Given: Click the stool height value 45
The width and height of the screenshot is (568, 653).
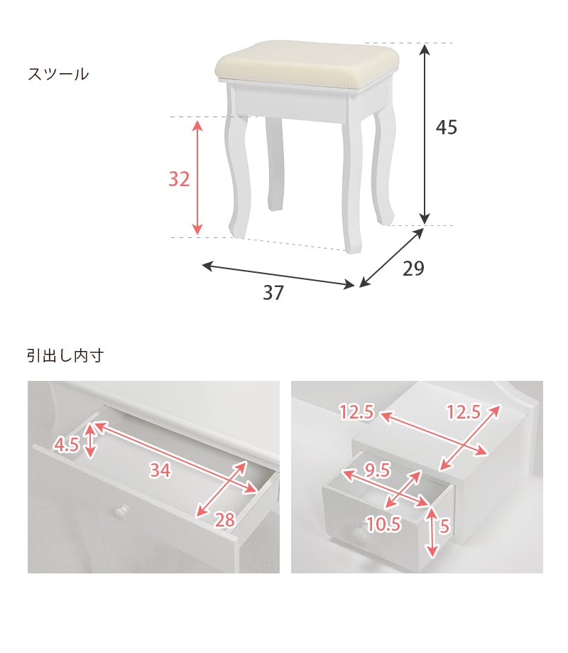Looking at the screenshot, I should pos(447,128).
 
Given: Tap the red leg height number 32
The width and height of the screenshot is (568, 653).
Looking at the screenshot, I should pos(179,180).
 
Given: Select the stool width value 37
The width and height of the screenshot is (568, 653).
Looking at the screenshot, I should pos(273,293).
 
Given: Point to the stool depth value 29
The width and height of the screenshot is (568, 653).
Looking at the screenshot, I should pos(413,269).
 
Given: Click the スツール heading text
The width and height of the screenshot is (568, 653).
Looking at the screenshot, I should pos(58,74).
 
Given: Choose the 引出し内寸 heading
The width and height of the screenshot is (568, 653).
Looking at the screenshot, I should pos(65,356).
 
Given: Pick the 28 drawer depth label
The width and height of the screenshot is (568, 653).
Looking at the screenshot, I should pos(224,520).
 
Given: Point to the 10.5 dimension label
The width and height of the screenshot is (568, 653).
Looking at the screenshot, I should pos(383,524).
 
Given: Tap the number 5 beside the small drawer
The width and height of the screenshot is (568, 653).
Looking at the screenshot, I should pos(444,527).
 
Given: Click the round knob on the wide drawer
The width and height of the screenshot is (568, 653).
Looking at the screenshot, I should pos(123,510).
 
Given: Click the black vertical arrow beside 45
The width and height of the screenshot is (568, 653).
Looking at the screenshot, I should pos(425,134).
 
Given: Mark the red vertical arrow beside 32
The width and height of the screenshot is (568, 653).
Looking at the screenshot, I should pos(197,178).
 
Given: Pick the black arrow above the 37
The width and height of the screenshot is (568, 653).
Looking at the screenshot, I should pos(278,276).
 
